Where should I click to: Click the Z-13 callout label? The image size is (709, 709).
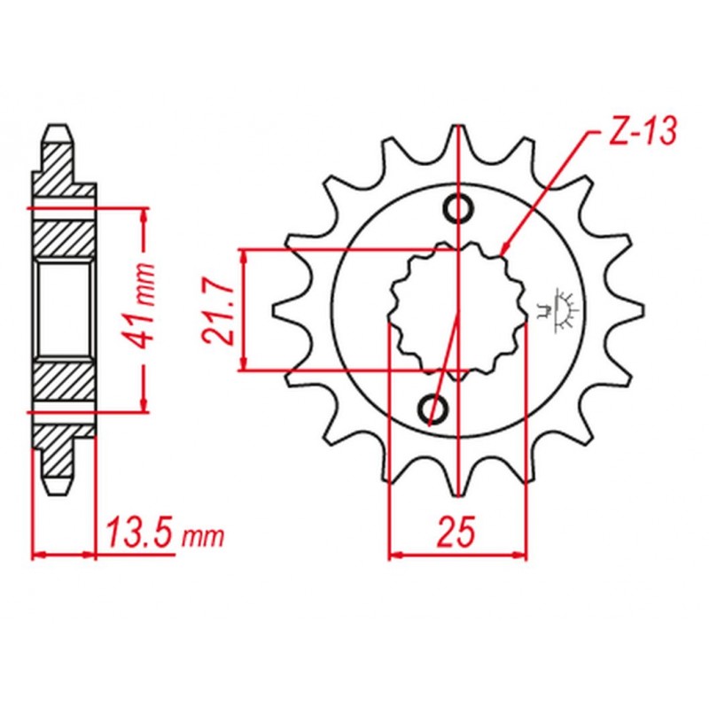click(643, 132)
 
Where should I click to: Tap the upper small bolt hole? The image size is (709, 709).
click(459, 208)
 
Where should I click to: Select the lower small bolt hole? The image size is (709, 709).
click(433, 409)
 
